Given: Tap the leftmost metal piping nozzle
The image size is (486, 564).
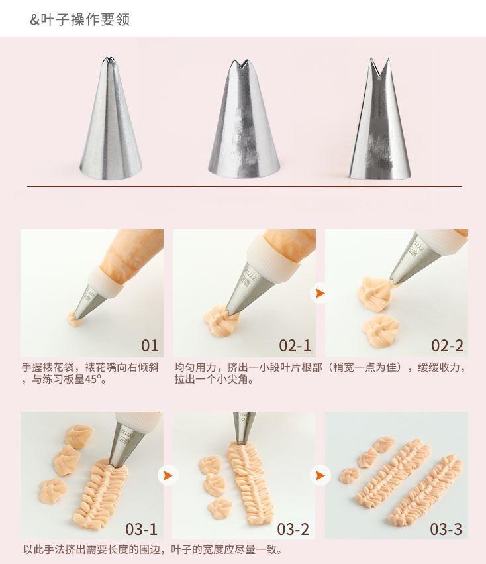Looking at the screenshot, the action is [111, 118].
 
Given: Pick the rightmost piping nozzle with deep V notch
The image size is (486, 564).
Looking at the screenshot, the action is [379, 118].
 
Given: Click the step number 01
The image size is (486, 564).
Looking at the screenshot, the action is [150, 345].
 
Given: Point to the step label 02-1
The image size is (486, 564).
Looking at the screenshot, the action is [295, 345].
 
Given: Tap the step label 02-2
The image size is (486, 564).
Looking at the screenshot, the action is [447, 345].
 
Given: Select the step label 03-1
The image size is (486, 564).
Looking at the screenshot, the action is [142, 529].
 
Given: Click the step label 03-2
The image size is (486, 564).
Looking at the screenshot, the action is [293, 529].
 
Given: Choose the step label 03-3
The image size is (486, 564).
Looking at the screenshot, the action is [446, 529].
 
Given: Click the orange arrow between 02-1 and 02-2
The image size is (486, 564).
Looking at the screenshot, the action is [320, 293].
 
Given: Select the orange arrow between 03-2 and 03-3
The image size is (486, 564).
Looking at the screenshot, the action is [320, 475].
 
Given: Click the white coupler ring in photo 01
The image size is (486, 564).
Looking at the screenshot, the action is [106, 281].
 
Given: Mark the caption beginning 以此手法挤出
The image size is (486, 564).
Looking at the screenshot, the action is [152, 549].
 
